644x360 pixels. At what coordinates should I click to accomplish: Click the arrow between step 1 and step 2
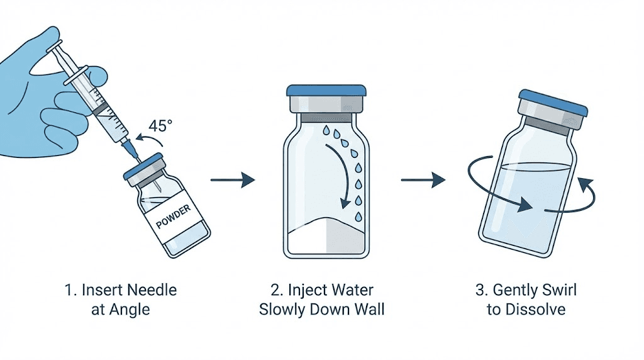point(232,181)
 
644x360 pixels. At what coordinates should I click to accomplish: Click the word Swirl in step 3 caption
point(555,290)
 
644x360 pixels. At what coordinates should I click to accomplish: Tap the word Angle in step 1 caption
point(131,310)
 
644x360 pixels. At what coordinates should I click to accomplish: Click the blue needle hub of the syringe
point(130,149)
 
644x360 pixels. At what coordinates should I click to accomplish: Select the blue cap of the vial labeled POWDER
point(145,166)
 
